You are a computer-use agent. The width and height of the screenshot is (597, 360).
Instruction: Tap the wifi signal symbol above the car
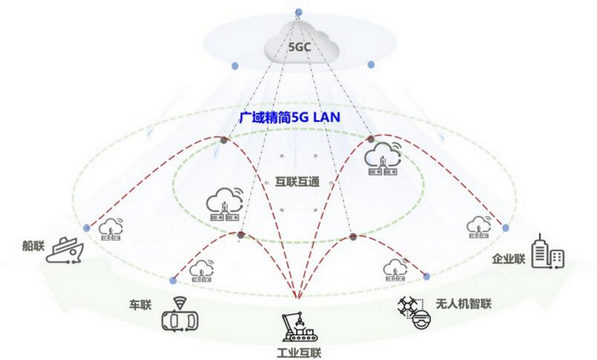(x=180, y=301)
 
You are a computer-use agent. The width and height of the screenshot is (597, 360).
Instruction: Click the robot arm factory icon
(x=299, y=327)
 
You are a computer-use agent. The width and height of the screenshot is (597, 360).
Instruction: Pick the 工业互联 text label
(x=299, y=351)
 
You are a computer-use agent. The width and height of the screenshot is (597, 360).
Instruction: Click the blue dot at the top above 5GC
(x=298, y=12)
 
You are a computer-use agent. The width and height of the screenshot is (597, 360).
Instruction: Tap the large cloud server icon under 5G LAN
(x=384, y=159)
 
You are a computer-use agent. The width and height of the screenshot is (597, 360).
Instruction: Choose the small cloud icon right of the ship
(x=111, y=231)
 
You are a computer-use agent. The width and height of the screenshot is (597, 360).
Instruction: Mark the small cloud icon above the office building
(x=478, y=228)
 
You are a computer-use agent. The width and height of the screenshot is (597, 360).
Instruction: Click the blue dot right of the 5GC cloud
(x=370, y=65)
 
